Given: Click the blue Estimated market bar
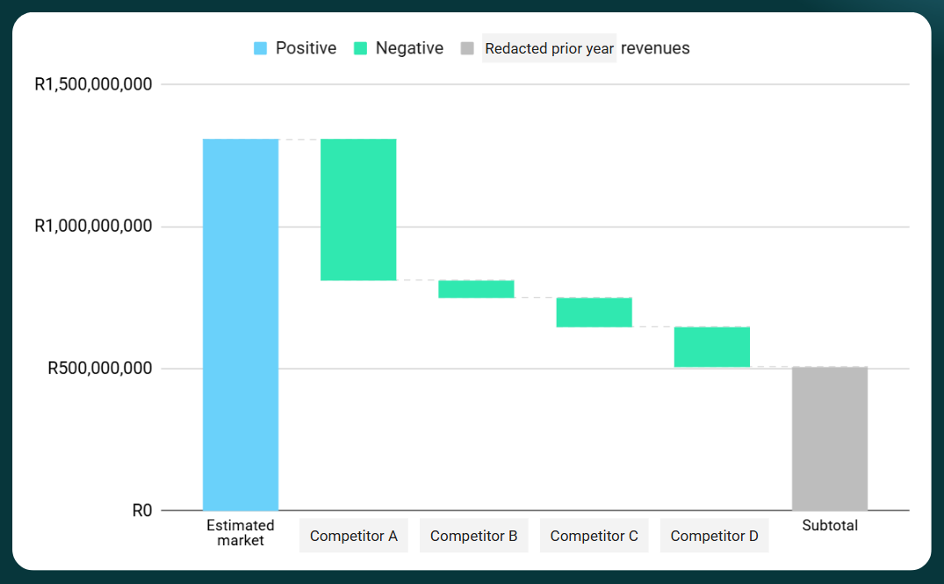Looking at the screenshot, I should point(241,324).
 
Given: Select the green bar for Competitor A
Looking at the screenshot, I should point(358,209).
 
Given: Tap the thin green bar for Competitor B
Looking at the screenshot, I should point(476,289).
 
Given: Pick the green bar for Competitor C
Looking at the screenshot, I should point(594,312).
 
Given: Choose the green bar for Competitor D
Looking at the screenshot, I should point(712,346).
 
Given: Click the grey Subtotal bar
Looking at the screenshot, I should point(830,438).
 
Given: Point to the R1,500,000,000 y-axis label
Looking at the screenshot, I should point(93,85).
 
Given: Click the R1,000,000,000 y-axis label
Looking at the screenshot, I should point(93,227).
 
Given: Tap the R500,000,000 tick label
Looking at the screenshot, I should point(99,368).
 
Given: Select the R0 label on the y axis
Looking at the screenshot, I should point(142,510).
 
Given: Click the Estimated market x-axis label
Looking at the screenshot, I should point(241,533).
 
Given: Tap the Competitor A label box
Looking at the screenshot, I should point(354,536).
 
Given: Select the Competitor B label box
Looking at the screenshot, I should point(473,536).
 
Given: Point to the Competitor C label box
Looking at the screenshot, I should point(594,536).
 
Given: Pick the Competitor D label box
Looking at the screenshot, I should point(714,536).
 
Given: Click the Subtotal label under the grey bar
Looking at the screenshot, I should point(830,525).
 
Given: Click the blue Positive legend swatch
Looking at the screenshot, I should point(260,48).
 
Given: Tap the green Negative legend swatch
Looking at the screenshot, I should point(360,48).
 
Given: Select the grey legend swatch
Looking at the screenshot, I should point(467,48).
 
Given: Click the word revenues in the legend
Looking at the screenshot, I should point(655,48).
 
